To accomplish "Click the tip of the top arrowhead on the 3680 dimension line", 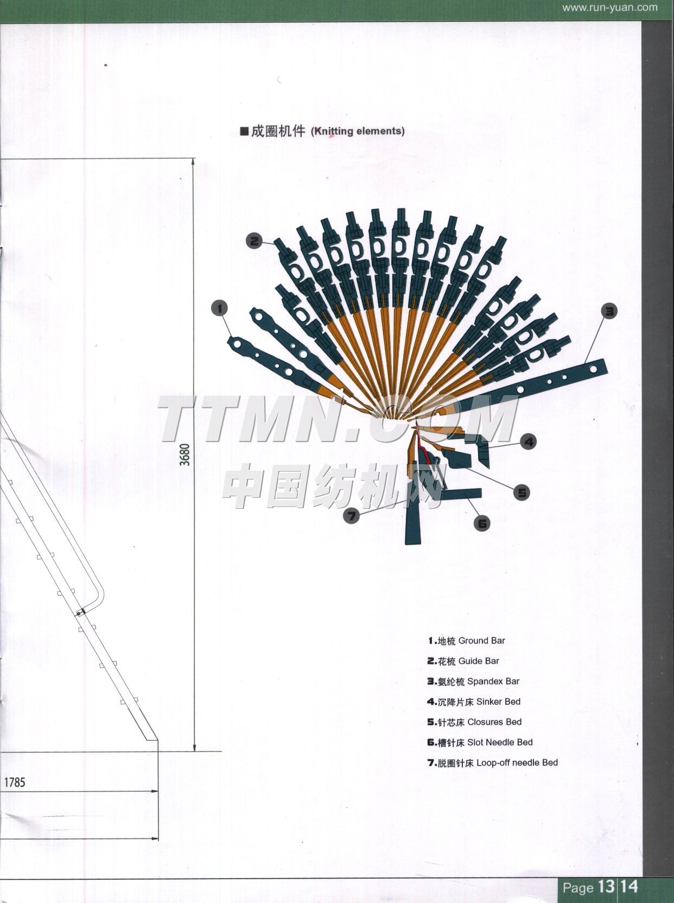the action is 194,159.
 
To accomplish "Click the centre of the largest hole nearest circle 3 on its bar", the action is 593,370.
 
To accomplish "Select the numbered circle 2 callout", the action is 255,241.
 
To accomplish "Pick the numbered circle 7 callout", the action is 351,516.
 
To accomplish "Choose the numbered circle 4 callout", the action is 529,442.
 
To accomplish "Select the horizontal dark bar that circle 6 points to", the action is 460,493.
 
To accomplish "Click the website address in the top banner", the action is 609,8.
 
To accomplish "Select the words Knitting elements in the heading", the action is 358,131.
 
